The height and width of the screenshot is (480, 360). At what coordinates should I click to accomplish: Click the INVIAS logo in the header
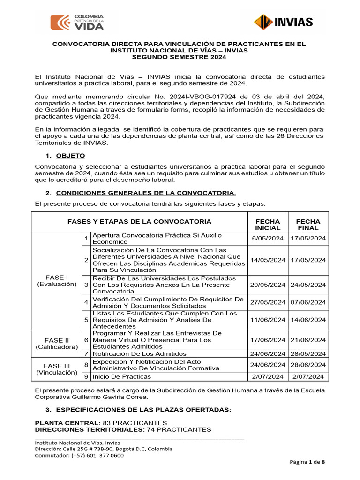coord(284,22)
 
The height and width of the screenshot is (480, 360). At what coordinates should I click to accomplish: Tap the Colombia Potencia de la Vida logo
coord(77,22)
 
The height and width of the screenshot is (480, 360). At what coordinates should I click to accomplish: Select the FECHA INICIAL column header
coord(267,225)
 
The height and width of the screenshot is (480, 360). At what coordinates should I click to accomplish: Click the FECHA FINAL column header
coord(308,225)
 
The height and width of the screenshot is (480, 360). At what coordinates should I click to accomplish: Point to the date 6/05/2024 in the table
coord(267,239)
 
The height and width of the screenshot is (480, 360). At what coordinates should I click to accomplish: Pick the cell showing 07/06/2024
coord(308,302)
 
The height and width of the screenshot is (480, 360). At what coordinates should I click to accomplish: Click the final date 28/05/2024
coord(308,353)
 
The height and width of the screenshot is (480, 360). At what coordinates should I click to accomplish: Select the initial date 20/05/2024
coord(267,285)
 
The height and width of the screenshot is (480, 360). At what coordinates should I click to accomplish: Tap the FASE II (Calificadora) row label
coord(56,343)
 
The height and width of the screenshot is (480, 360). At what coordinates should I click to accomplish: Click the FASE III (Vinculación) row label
coord(56,369)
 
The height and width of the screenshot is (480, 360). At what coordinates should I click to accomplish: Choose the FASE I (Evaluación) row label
coord(56,281)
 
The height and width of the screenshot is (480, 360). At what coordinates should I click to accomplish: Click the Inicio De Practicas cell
coord(122,376)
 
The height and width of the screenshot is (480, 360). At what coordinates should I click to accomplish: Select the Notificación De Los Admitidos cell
coord(139,353)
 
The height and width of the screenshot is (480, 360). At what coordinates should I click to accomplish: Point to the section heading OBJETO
coord(70,156)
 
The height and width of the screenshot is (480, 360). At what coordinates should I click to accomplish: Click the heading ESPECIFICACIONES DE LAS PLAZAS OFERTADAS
coord(143,410)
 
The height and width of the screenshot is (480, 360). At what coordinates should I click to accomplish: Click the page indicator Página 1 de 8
coord(307,462)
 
